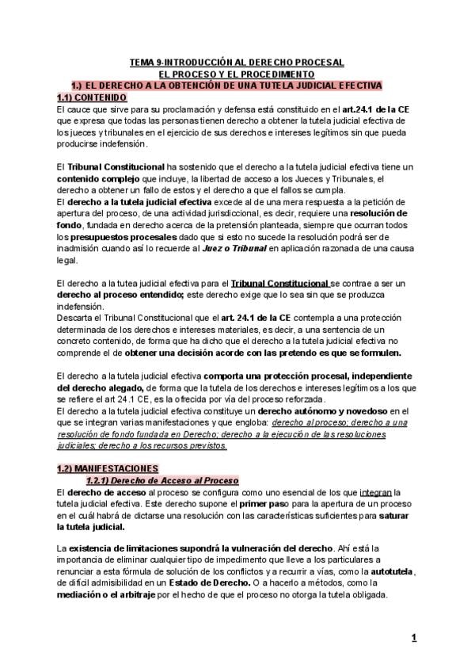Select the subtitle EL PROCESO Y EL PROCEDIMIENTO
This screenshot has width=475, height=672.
[x=237, y=73]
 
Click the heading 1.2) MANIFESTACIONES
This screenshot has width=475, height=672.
[x=108, y=468]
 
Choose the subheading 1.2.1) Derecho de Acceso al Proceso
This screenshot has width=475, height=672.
[x=161, y=480]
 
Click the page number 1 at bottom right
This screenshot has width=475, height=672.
[x=413, y=636]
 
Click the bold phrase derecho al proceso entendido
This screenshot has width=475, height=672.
[x=131, y=295]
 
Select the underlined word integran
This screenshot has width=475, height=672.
[x=375, y=493]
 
